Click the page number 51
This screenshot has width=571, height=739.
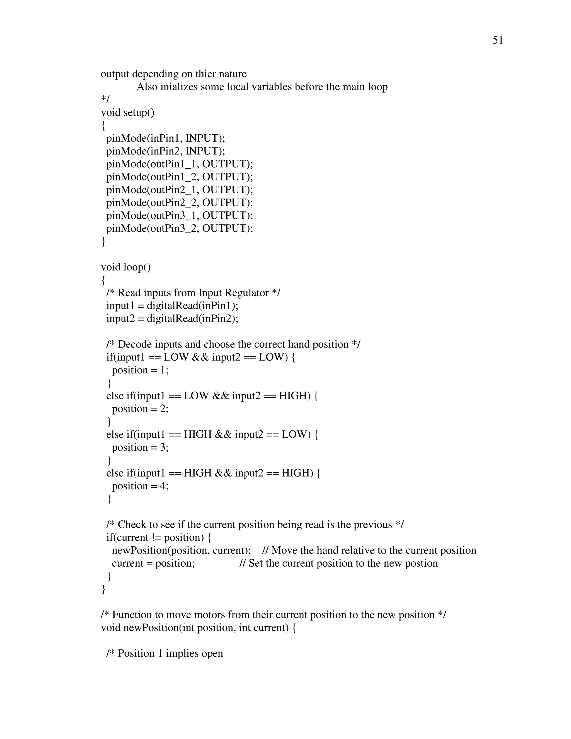tap(498, 40)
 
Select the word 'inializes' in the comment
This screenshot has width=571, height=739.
tap(179, 87)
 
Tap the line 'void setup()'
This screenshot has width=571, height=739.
tap(127, 112)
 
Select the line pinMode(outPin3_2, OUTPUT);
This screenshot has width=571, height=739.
tap(180, 228)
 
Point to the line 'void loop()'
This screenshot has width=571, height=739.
tap(126, 267)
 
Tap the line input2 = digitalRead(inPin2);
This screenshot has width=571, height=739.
tap(172, 318)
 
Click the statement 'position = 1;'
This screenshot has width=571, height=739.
tap(140, 370)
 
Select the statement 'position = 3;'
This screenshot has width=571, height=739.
tap(140, 447)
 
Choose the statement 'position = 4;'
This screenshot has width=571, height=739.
tap(140, 486)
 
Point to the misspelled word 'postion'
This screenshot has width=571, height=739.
tap(423, 563)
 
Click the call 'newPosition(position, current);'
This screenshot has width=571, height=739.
tap(181, 550)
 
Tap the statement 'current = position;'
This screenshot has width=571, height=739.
tap(153, 563)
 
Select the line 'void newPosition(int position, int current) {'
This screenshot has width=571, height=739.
tap(198, 628)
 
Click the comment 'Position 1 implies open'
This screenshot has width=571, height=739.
tap(170, 653)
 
